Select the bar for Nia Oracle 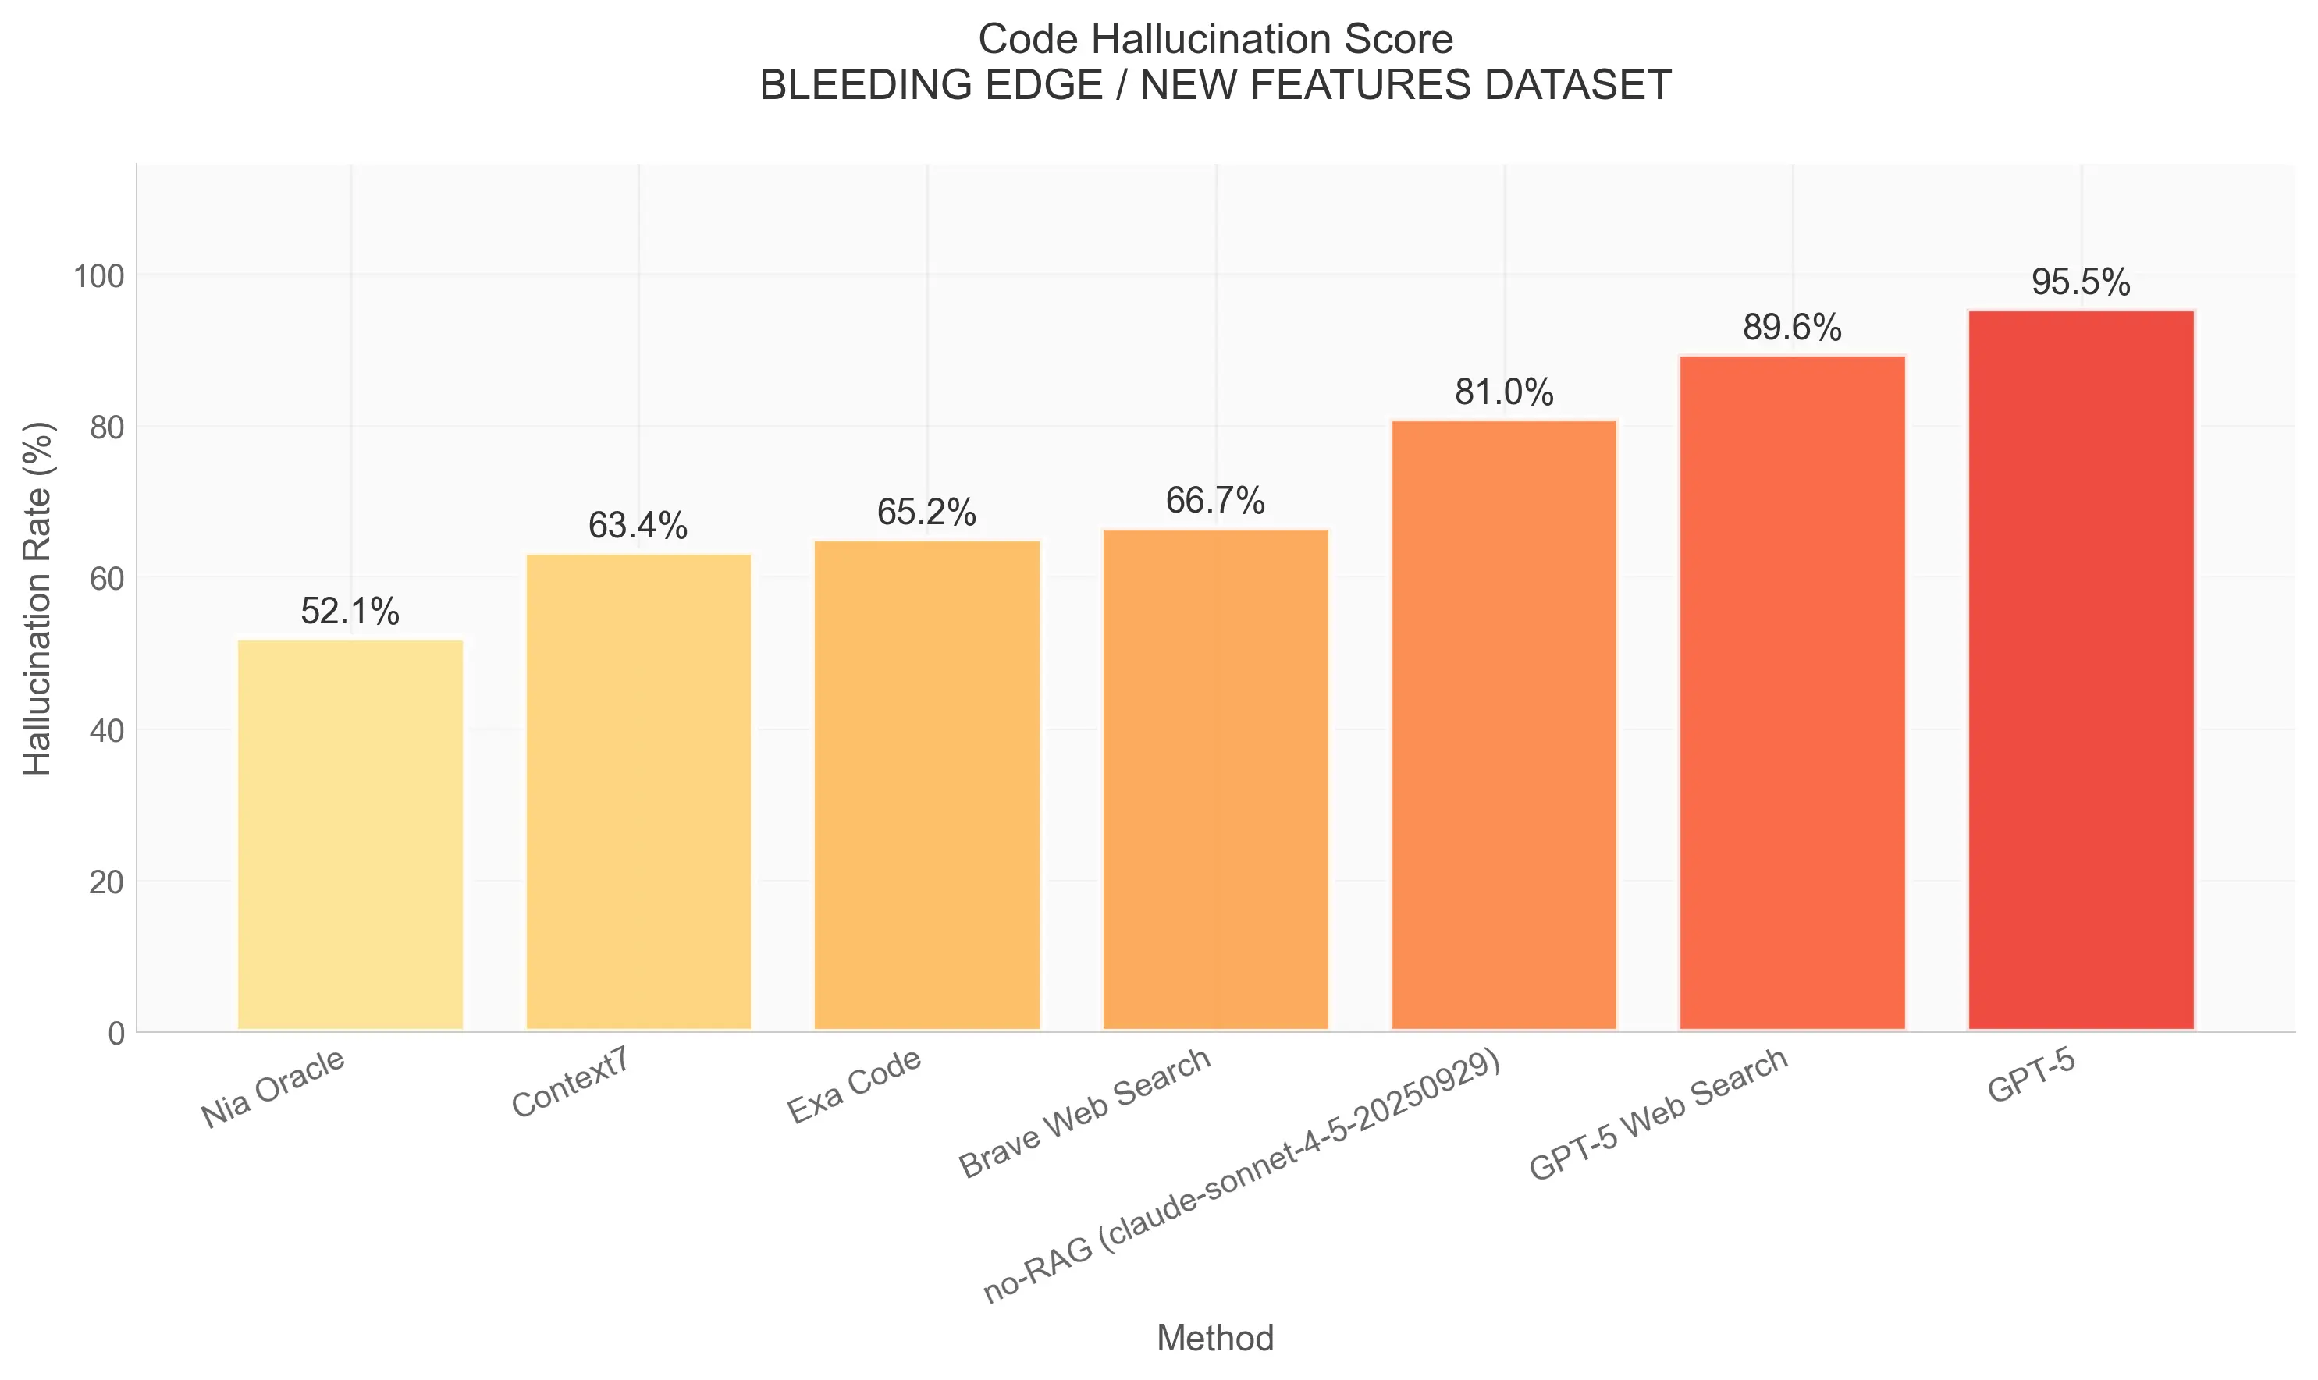pyautogui.click(x=350, y=834)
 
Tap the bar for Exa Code pyautogui.click(x=926, y=785)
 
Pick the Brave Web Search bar pyautogui.click(x=1215, y=779)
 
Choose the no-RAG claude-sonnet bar pyautogui.click(x=1503, y=725)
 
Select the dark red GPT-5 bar pyautogui.click(x=2081, y=669)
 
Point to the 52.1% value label pyautogui.click(x=350, y=612)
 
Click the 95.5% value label pyautogui.click(x=2081, y=282)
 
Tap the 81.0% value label pyautogui.click(x=1503, y=392)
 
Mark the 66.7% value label pyautogui.click(x=1215, y=502)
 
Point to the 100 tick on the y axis pyautogui.click(x=98, y=276)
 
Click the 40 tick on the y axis pyautogui.click(x=106, y=731)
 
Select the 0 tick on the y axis pyautogui.click(x=116, y=1033)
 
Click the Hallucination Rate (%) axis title pyautogui.click(x=38, y=599)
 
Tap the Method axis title pyautogui.click(x=1215, y=1338)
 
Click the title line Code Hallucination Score pyautogui.click(x=1215, y=40)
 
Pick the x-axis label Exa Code pyautogui.click(x=854, y=1085)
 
